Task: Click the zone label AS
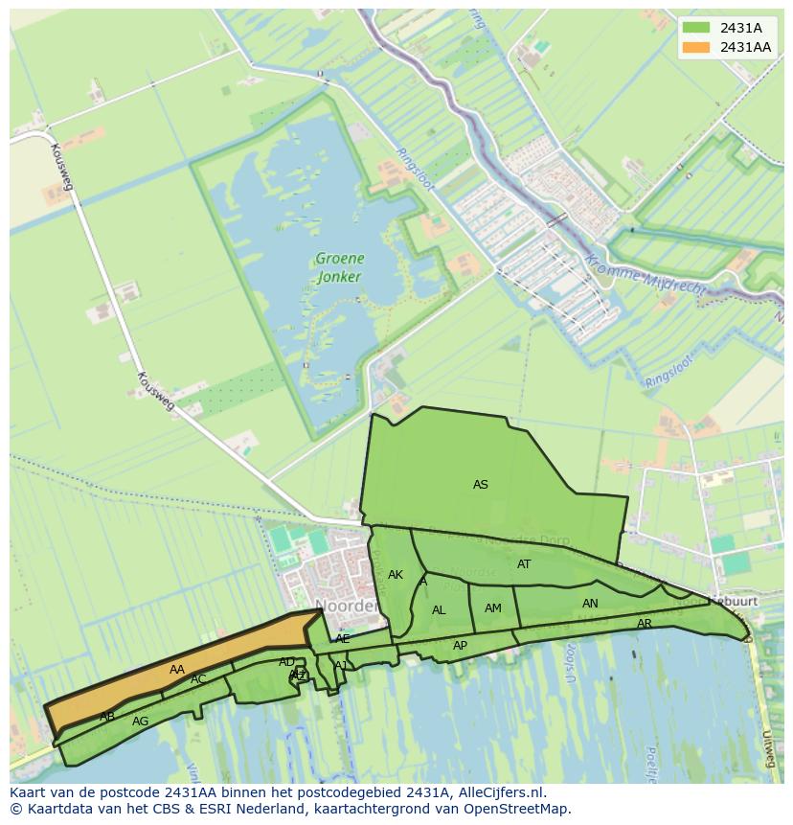[481, 485]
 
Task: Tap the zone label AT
[524, 564]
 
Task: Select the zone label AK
[396, 575]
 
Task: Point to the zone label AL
[439, 610]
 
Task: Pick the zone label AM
[493, 608]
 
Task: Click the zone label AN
[590, 604]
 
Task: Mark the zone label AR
[645, 624]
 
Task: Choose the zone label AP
[460, 646]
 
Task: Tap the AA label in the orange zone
[177, 670]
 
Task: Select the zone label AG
[141, 722]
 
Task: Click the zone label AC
[198, 679]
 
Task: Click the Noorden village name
[346, 607]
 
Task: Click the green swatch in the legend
[696, 28]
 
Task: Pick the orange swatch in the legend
[696, 47]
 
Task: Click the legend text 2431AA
[745, 47]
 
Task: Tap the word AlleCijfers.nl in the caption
[495, 792]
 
